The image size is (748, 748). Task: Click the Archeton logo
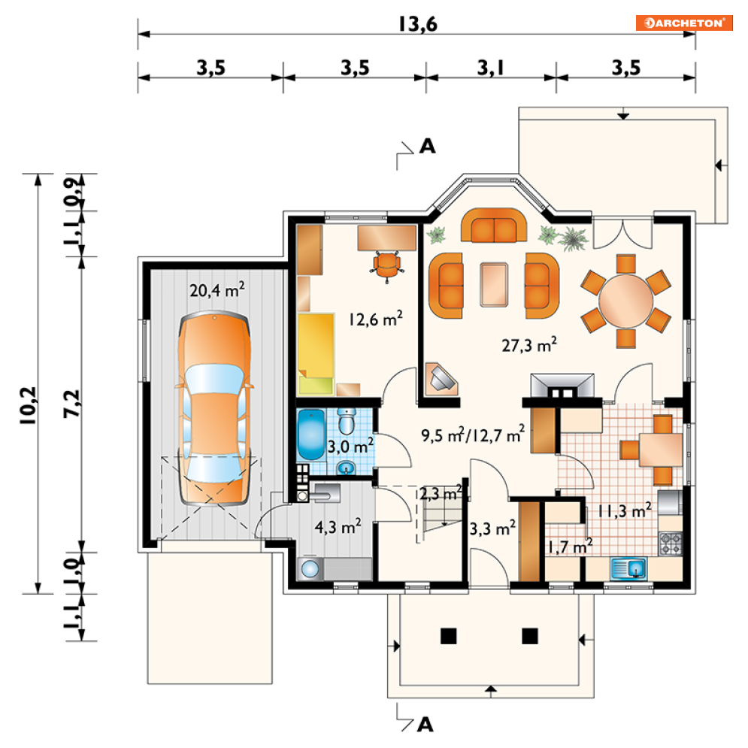coord(683,23)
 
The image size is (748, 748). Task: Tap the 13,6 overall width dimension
coord(418,24)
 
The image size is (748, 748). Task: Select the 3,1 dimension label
coord(491,68)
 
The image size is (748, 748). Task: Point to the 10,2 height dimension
coord(28,405)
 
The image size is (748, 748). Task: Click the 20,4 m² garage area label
coord(217,289)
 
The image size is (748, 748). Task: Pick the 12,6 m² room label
coord(375,318)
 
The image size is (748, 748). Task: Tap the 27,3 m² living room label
coord(529,344)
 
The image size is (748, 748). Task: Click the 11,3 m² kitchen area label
coord(625,511)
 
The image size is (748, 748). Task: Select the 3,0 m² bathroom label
coord(350,446)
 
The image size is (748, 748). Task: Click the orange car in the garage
coord(214,408)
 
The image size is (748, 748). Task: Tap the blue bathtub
coord(310,434)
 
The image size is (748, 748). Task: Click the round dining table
coord(625,301)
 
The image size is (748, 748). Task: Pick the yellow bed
coord(316,353)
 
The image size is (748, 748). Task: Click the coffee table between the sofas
coord(494,284)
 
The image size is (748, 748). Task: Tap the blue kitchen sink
coord(628,568)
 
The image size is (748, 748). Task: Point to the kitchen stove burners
coord(671,544)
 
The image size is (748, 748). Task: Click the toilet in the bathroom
coord(347,421)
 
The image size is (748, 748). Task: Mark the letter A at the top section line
coord(427,146)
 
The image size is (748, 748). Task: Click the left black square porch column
coord(448,636)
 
